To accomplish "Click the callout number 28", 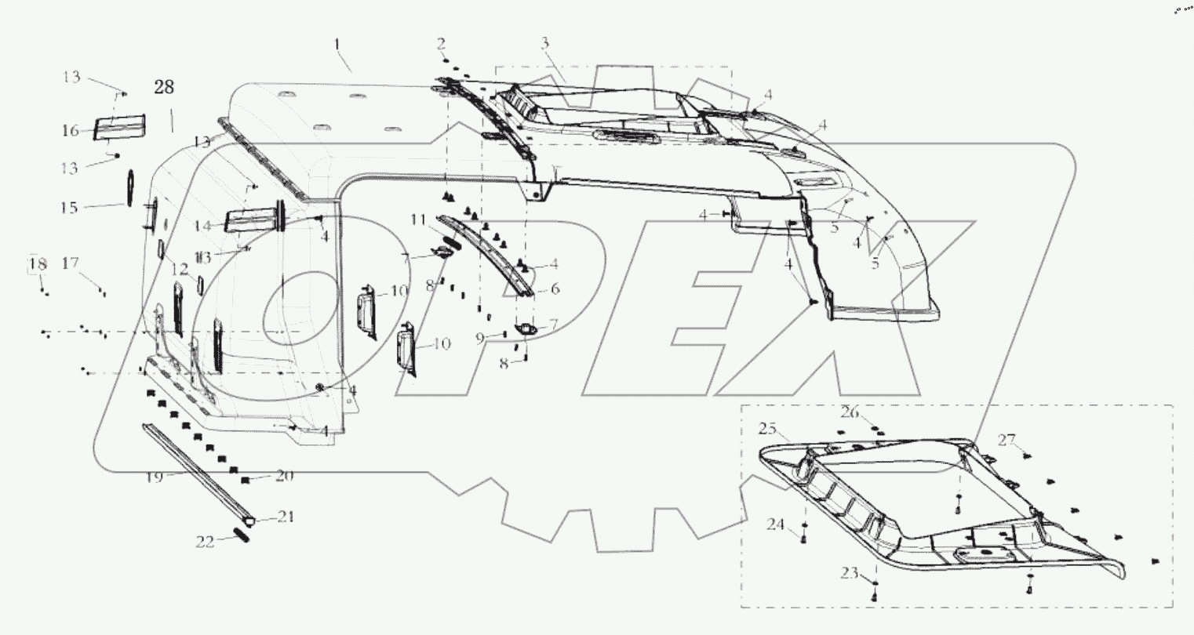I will point(164,88).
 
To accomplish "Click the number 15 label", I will point(70,207).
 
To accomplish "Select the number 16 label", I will point(70,130).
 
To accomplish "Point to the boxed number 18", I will point(38,264).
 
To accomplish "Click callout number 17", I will point(71,264).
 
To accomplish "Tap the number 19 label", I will point(154,476).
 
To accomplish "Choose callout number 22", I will point(205,540).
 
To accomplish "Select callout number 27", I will point(1007,439).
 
